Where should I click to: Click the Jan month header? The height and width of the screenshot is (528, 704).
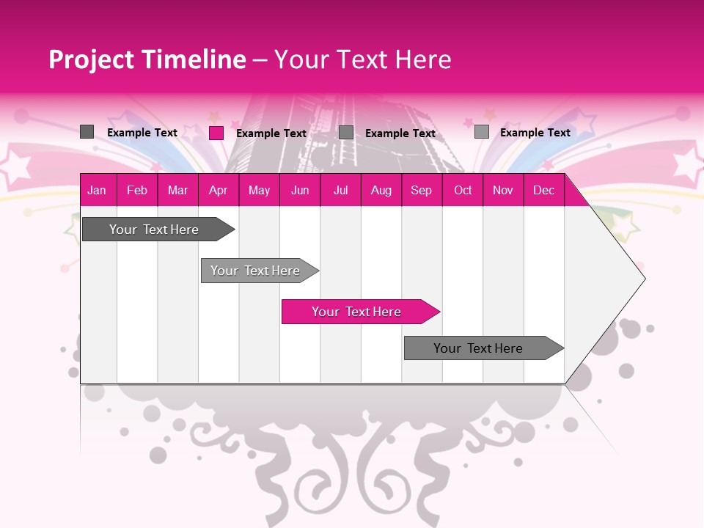(97, 190)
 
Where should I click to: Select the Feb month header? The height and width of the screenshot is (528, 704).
(137, 190)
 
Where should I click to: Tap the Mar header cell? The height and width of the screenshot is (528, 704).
(177, 190)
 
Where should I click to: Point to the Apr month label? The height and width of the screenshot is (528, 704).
(218, 190)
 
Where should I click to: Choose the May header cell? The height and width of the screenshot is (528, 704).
(259, 190)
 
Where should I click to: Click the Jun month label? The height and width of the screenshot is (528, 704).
(300, 190)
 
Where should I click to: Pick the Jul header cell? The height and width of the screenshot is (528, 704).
(340, 190)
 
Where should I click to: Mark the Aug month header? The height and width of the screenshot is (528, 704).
(381, 190)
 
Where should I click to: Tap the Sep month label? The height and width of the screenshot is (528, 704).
(421, 190)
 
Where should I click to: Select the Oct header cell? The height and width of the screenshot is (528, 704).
(463, 190)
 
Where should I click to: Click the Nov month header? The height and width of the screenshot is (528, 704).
(503, 190)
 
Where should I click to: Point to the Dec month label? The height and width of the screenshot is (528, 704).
(543, 190)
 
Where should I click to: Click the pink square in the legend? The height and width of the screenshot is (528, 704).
(216, 133)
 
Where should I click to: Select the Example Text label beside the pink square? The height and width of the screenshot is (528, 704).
(271, 133)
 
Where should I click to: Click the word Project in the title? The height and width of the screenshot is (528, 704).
(92, 59)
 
